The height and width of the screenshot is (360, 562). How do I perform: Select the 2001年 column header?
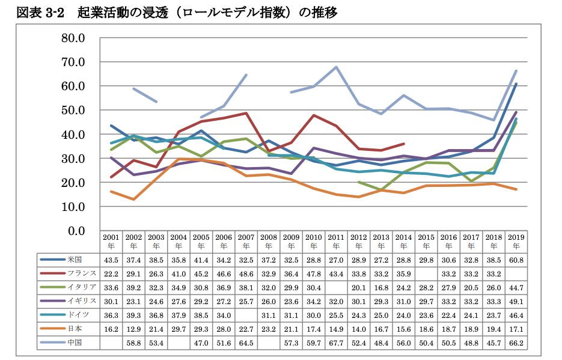(111, 241)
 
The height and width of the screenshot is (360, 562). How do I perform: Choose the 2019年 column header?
(516, 241)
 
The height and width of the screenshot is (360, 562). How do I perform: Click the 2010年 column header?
(313, 241)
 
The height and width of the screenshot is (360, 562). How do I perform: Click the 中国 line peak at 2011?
(336, 67)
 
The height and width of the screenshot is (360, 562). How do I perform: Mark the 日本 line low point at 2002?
(133, 199)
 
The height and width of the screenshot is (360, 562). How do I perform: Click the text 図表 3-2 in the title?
(40, 13)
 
